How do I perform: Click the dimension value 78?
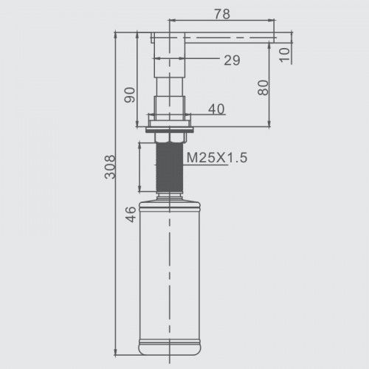222,14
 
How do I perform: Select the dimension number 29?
232,61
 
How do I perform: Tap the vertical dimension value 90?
130,95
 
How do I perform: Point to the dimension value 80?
263,88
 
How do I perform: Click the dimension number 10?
285,55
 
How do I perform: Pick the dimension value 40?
216,109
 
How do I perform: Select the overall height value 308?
110,167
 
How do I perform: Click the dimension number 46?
131,215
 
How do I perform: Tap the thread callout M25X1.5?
217,157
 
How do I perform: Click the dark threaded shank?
170,167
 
